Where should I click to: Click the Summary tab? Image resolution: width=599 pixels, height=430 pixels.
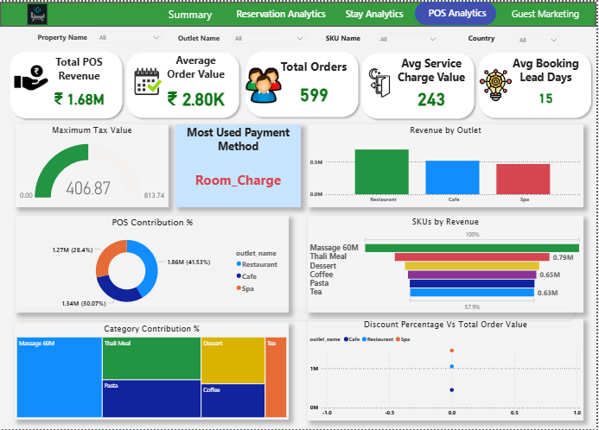click(x=189, y=15)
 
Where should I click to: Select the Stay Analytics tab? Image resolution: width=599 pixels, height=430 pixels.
click(x=373, y=15)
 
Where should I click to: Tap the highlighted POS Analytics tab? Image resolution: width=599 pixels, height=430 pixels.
click(x=456, y=14)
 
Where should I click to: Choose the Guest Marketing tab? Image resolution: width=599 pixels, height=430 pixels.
click(x=545, y=15)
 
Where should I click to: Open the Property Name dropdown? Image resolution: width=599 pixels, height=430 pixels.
click(x=129, y=38)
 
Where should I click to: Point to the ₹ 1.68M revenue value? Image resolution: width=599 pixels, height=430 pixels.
click(x=80, y=99)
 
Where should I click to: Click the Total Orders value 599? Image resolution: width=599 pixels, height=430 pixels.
click(x=314, y=95)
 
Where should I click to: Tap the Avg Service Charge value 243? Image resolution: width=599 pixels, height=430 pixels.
click(x=430, y=99)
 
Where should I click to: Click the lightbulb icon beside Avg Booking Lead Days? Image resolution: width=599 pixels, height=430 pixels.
click(x=499, y=83)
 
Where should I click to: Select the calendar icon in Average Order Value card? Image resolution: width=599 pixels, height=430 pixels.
click(x=148, y=81)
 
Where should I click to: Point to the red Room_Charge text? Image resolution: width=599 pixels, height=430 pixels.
click(x=238, y=180)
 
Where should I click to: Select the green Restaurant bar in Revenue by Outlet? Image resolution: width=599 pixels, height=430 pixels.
click(x=381, y=171)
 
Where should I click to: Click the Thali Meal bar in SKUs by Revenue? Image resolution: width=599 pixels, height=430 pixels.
click(x=472, y=256)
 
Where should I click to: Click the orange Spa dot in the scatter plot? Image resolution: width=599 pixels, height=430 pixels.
click(x=451, y=351)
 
